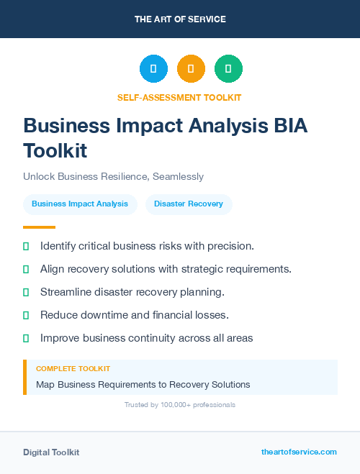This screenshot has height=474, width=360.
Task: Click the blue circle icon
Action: tap(153, 69)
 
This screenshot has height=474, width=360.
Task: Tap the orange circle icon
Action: tap(191, 69)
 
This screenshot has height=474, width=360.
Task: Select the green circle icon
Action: tap(228, 69)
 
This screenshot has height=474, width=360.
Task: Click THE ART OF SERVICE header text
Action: tap(180, 19)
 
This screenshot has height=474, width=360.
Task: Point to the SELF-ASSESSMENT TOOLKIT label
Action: tap(179, 97)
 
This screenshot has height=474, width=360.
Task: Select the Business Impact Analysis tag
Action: tap(80, 204)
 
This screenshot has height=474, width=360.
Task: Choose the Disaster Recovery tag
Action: tap(189, 204)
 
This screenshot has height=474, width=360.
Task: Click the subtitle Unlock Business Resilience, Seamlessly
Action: tap(113, 176)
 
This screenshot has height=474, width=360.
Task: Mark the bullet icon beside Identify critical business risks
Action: tap(26, 246)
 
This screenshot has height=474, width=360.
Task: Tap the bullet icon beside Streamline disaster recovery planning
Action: tap(26, 292)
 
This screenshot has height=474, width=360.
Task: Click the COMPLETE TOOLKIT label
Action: tap(73, 369)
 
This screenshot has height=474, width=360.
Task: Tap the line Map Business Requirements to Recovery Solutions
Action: tap(143, 385)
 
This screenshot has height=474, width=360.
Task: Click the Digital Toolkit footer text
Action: tap(51, 452)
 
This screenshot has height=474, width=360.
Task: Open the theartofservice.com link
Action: tap(299, 452)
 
